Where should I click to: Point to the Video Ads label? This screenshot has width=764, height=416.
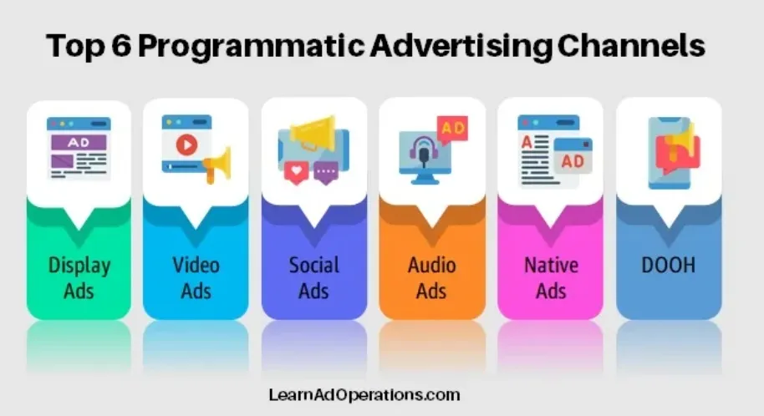[196, 278]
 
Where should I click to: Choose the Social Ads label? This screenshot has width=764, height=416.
[314, 278]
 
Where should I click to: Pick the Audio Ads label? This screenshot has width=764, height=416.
[432, 278]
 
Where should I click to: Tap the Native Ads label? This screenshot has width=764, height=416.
[551, 278]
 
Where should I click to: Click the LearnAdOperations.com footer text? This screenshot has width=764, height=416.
[364, 393]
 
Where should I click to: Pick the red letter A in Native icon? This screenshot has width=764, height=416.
[527, 142]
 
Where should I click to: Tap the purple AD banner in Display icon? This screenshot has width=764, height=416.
[78, 143]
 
